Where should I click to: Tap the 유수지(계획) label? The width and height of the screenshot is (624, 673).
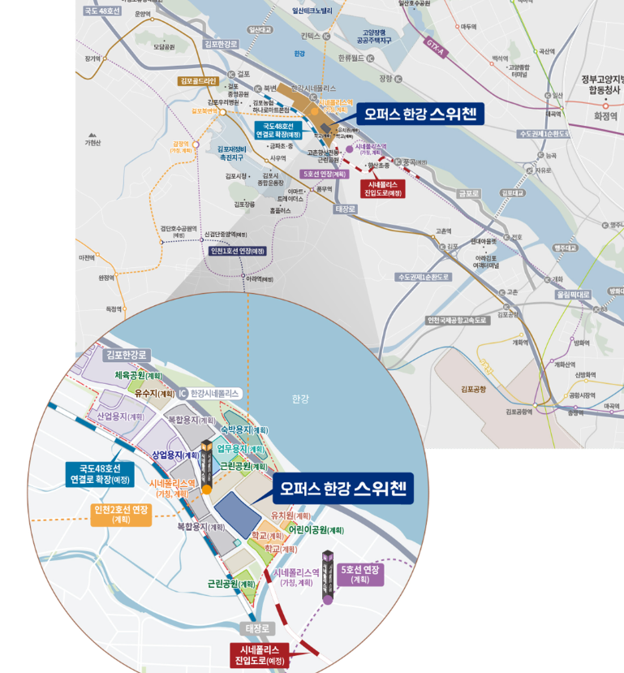[x=154, y=394]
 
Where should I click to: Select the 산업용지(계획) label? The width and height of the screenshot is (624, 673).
[x=120, y=416]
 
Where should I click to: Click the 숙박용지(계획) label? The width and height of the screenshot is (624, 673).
[x=244, y=430]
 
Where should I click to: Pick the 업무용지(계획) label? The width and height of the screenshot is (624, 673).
[x=240, y=449]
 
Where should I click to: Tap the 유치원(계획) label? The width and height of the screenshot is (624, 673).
[x=290, y=516]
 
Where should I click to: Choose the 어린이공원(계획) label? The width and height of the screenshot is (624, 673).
[x=309, y=530]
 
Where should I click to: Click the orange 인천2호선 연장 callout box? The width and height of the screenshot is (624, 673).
[x=121, y=514]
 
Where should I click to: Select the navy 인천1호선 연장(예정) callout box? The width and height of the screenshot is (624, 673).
[x=238, y=251]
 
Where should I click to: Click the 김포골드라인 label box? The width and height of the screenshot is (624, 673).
[x=199, y=81]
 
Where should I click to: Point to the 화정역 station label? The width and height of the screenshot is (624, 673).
[x=605, y=116]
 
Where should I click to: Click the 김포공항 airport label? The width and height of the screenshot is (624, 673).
[x=473, y=390]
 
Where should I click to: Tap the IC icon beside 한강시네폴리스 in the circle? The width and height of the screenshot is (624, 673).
[x=183, y=393]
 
